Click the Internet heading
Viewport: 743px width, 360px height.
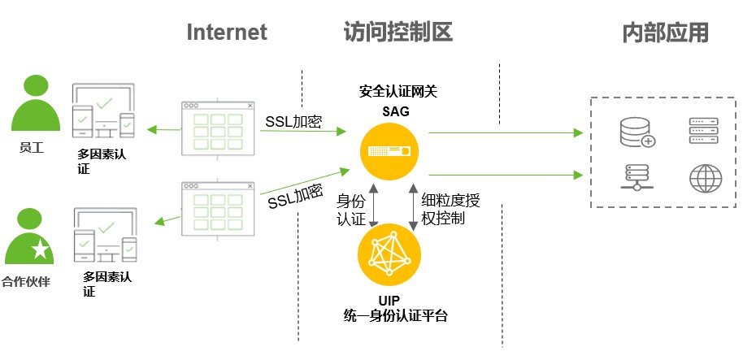[227, 32]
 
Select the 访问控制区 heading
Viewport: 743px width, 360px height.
[398, 32]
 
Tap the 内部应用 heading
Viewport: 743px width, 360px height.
[666, 32]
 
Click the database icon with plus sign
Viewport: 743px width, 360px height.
[637, 132]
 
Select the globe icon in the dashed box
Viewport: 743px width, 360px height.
[704, 178]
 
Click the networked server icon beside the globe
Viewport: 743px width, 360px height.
[637, 178]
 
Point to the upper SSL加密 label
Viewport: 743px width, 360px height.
[293, 123]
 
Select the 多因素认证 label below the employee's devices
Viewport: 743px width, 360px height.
[105, 162]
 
